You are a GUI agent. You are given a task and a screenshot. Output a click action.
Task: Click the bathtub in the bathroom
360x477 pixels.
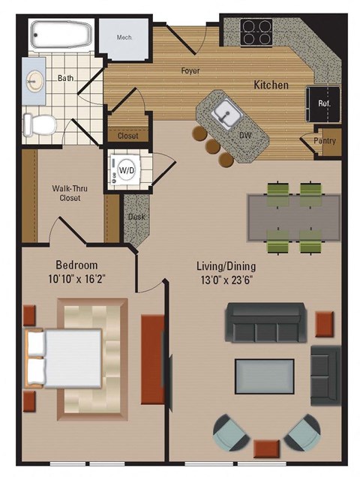(61, 34)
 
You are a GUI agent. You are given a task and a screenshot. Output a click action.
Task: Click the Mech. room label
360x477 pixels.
(124, 37)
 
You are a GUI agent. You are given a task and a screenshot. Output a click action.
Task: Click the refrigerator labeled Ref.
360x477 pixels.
(325, 103)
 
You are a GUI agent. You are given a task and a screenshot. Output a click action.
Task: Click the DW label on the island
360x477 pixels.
(244, 136)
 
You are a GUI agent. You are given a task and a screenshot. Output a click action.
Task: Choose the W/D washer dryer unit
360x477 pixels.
(127, 171)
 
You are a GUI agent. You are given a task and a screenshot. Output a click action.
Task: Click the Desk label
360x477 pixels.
(136, 217)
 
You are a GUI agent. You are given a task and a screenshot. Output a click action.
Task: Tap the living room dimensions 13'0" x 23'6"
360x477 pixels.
(225, 279)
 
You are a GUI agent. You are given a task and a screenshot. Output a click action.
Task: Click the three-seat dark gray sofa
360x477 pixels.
(265, 322)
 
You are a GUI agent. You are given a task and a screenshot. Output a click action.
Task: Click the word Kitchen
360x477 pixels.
(271, 85)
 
